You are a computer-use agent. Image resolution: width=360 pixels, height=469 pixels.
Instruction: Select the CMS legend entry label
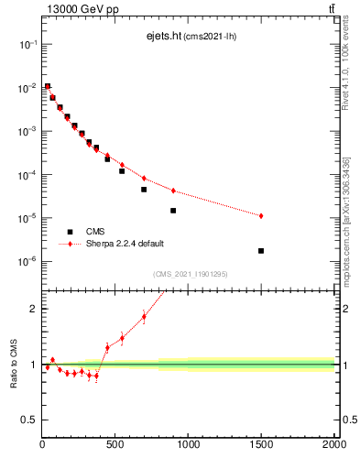click(96, 232)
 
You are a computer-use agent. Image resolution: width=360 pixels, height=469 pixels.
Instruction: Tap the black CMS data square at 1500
click(261, 250)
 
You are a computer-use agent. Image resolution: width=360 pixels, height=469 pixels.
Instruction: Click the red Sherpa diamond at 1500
click(261, 215)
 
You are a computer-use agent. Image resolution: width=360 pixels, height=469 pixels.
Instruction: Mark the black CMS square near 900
click(173, 210)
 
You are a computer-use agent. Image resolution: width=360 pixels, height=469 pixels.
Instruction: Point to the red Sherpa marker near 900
click(173, 191)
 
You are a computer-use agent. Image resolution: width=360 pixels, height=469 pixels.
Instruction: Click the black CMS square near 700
click(144, 190)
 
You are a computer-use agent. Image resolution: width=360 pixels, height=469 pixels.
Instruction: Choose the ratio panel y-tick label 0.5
click(29, 420)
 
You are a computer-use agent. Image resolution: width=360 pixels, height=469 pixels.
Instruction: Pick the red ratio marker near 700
click(144, 317)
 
